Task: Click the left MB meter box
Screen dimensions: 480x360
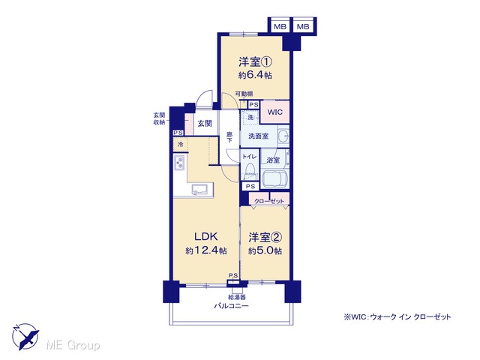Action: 280,27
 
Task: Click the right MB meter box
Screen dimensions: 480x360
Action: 303,27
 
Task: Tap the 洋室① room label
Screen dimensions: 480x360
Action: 255,62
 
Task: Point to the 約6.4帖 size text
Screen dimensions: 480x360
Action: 255,75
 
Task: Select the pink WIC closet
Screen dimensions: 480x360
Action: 274,112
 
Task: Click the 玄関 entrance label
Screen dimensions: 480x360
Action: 205,123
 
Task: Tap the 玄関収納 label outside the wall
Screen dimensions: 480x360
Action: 159,118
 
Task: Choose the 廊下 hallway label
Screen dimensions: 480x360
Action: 229,137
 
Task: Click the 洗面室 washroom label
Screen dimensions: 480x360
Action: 258,136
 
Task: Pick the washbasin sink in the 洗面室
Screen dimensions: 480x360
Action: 283,135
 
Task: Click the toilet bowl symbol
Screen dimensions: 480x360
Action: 250,169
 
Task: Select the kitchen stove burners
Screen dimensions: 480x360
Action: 179,162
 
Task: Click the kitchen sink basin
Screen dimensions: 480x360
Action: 199,190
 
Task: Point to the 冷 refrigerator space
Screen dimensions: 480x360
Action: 180,144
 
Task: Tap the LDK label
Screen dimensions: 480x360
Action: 206,236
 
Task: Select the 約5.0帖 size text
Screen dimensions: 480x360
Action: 265,250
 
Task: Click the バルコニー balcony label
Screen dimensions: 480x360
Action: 231,305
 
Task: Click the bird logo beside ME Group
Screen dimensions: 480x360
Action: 25,337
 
